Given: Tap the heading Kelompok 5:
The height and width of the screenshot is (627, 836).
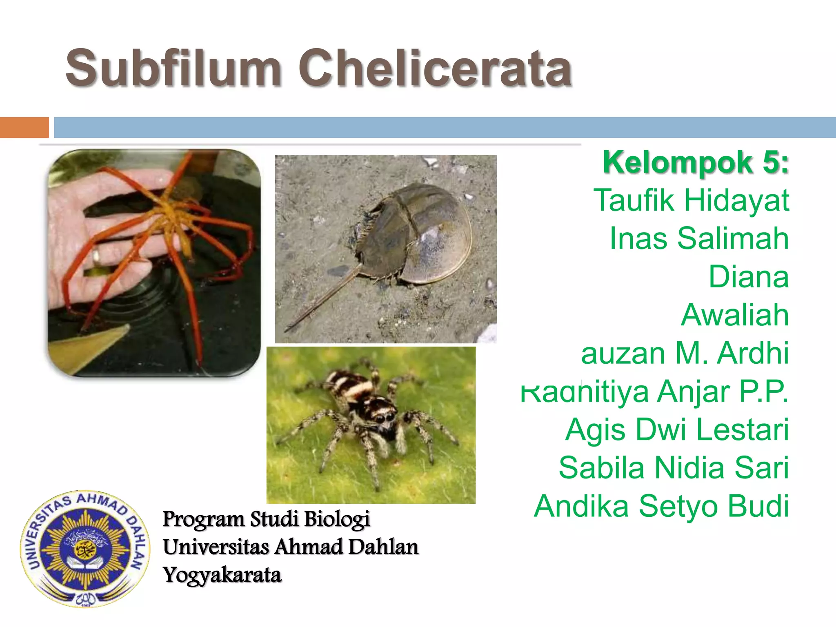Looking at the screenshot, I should tap(696, 162).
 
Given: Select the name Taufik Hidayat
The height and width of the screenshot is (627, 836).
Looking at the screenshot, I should tap(691, 200).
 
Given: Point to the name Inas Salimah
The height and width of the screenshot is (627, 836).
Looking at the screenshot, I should tap(699, 238).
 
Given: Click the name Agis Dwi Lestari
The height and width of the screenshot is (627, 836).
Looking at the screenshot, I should tap(677, 429).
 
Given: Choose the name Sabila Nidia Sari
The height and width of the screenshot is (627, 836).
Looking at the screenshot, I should tap(674, 468).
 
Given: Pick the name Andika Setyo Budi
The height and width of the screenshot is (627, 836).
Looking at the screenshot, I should tap(661, 506).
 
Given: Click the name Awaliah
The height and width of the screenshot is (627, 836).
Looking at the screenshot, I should tap(735, 315).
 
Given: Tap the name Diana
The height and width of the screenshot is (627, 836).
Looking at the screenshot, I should tap(749, 277).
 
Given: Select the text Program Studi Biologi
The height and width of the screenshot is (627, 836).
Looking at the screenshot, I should tap(266, 519).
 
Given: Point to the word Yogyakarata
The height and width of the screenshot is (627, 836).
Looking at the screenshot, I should tap(222, 575).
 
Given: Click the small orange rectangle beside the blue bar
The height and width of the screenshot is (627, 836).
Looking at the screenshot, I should tap(24, 127).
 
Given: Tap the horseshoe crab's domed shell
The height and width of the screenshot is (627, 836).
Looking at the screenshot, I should tap(425, 233).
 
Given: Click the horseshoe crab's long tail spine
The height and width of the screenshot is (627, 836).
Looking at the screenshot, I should tap(322, 298).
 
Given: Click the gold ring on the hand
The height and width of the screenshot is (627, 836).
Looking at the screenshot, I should tap(96, 256).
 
